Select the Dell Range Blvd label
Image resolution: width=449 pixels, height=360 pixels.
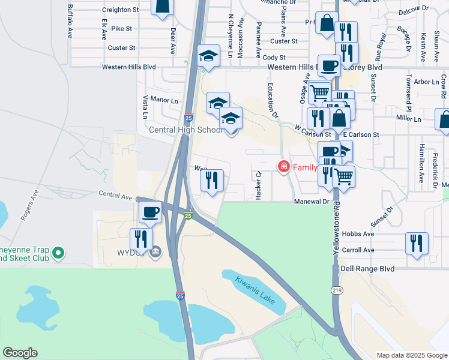pyautogui.click(x=367, y=269)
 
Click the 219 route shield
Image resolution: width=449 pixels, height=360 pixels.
pyautogui.click(x=336, y=290)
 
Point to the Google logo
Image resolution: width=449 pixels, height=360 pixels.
pyautogui.click(x=20, y=353)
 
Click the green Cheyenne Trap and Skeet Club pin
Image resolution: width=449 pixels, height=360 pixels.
pyautogui.click(x=58, y=254)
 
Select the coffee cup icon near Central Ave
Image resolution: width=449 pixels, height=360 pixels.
pyautogui.click(x=150, y=211)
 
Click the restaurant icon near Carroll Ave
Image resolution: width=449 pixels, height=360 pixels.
pyautogui.click(x=416, y=243)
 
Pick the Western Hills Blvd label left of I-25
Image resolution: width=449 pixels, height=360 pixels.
pyautogui.click(x=128, y=67)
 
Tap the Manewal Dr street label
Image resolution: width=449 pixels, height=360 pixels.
pyautogui.click(x=312, y=202)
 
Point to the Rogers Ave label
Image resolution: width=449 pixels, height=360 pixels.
pyautogui.click(x=29, y=206)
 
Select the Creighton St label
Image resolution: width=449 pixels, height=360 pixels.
pyautogui.click(x=120, y=10)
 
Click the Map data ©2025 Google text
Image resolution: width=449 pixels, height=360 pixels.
pyautogui.click(x=411, y=355)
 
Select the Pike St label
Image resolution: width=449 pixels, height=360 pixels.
pyautogui.click(x=121, y=28)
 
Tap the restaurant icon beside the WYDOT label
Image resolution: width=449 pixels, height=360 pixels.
pyautogui.click(x=141, y=238)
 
